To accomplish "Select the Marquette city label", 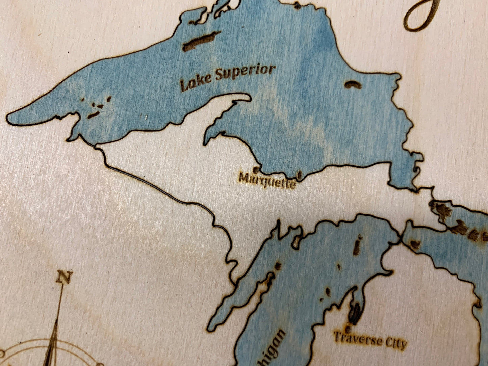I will point(267,180).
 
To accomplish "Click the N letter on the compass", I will point(63,278).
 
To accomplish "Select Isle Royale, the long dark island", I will point(201,42).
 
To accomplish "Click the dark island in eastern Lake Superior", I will point(353,85).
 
